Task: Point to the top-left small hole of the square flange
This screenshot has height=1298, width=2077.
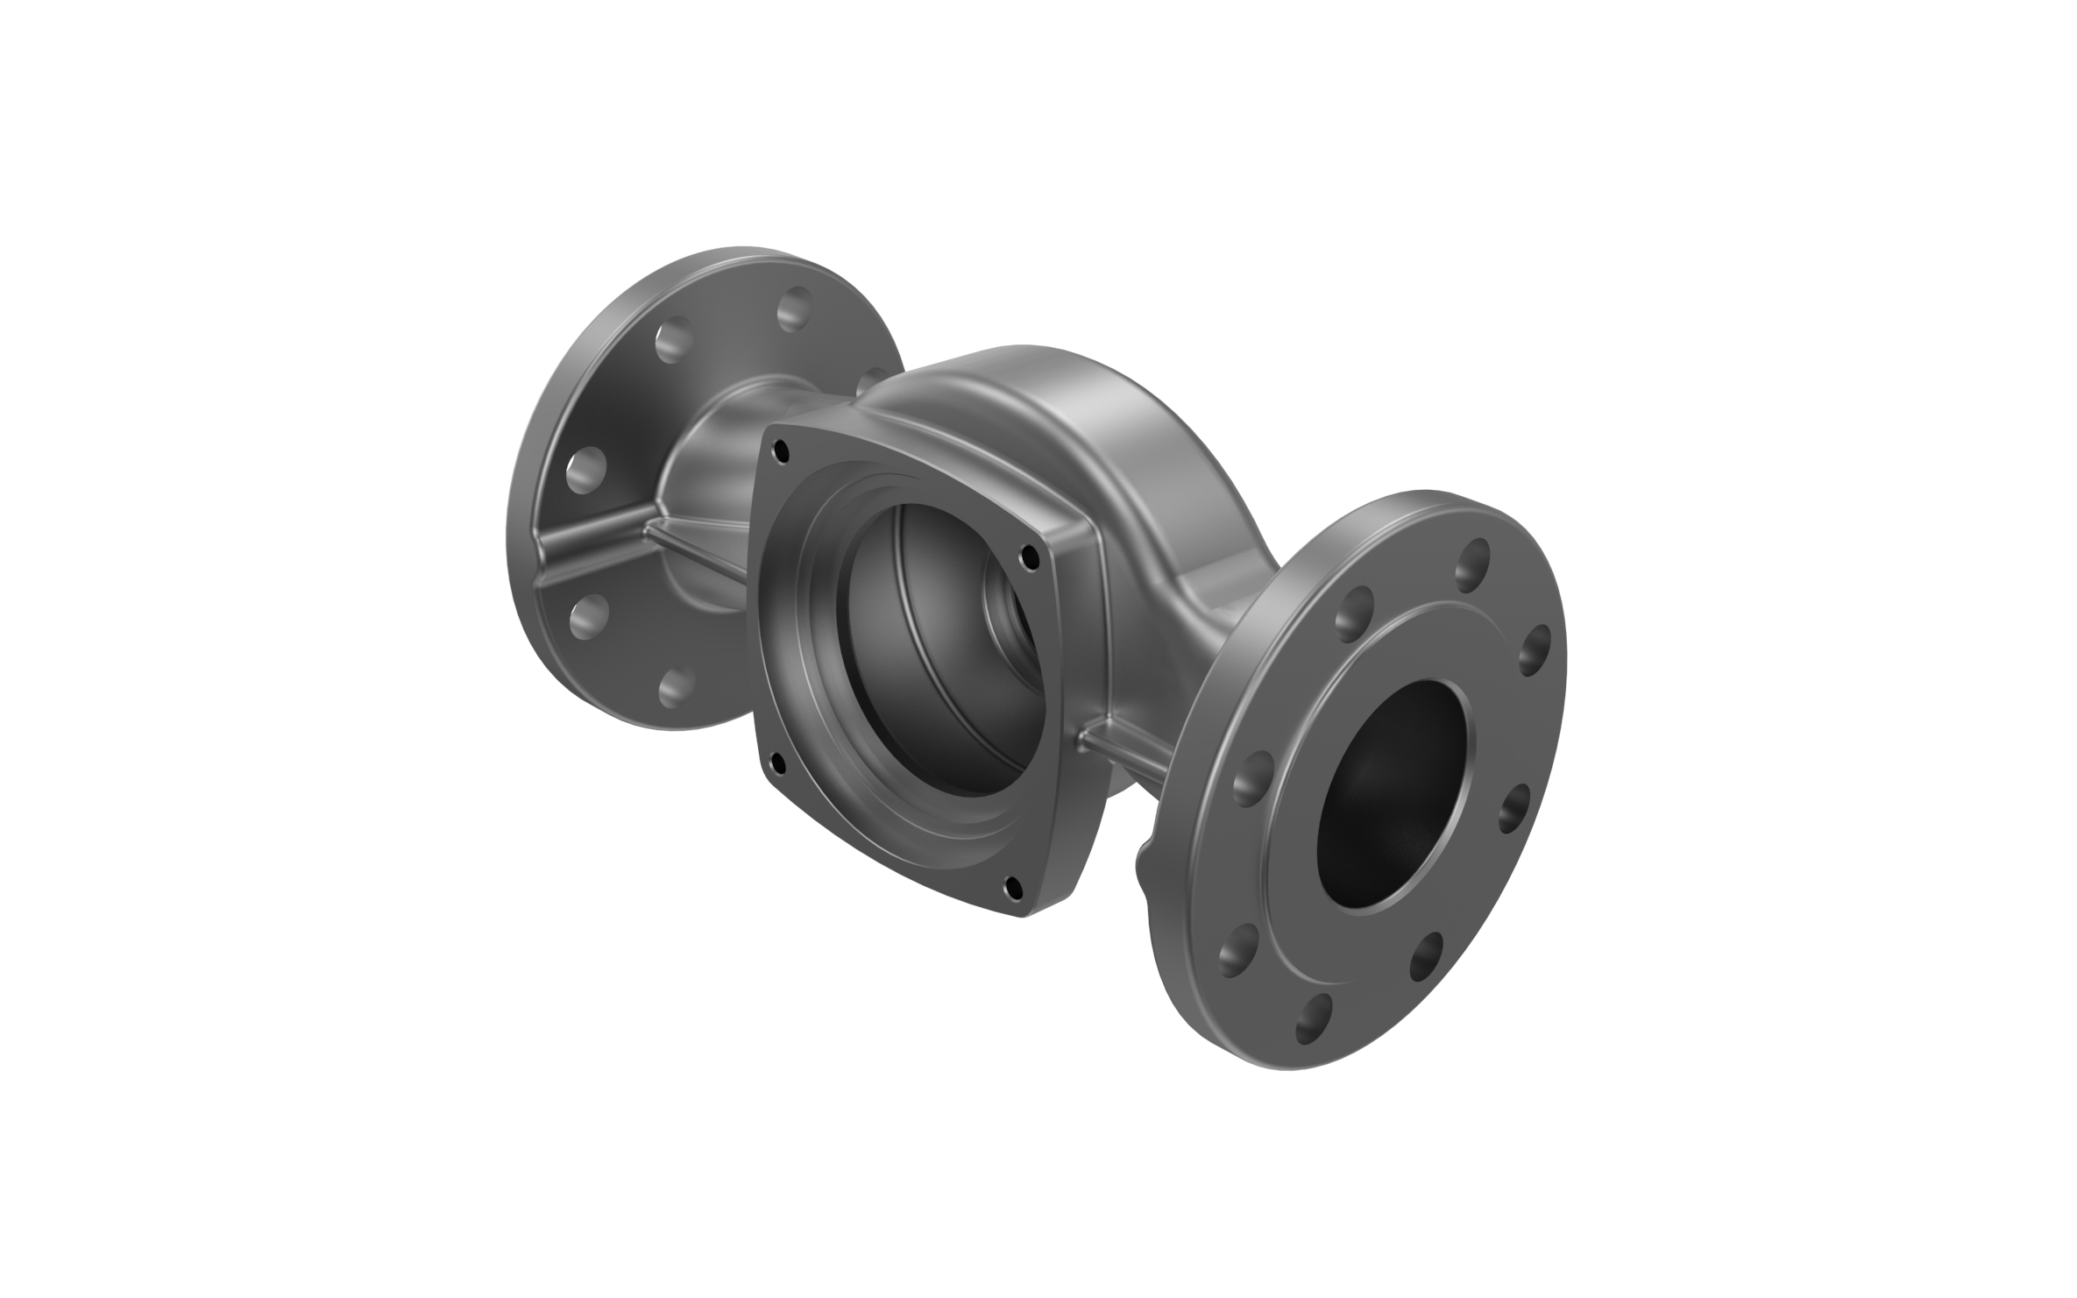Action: point(778,452)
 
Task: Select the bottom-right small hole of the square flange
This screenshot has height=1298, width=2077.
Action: point(1014,887)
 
